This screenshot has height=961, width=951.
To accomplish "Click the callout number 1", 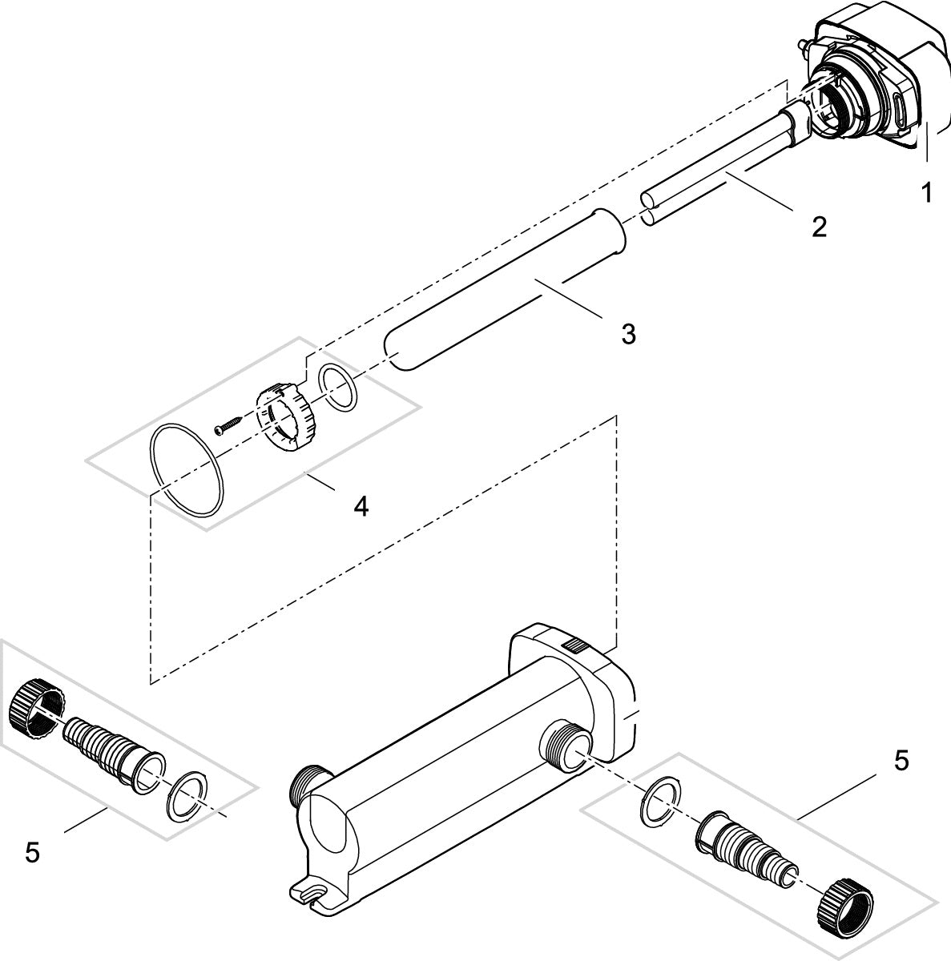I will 927,192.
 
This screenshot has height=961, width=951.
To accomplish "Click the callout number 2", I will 818,227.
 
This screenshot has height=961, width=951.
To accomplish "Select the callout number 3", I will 628,334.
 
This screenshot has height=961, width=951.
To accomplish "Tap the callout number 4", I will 361,505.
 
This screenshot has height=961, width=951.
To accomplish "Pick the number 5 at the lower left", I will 32,853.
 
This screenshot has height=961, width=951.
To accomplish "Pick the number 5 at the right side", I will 901,761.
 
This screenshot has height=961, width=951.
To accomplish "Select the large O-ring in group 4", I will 188,471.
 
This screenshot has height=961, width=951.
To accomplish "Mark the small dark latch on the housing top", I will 574,645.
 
